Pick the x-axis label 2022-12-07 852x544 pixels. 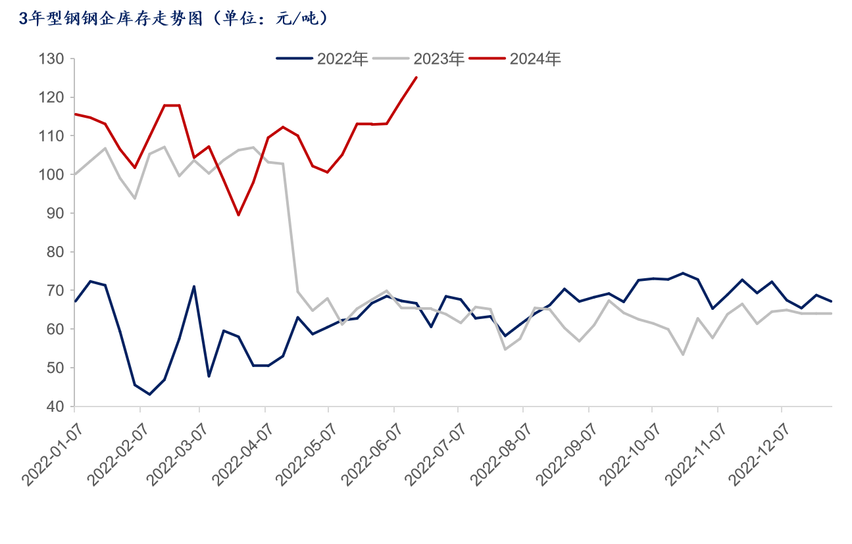[x=756, y=454]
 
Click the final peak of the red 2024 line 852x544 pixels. [x=416, y=78]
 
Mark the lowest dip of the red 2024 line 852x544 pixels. [x=238, y=214]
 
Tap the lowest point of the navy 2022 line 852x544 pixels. [x=149, y=394]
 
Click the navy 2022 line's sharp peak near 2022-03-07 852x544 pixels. [x=194, y=286]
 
